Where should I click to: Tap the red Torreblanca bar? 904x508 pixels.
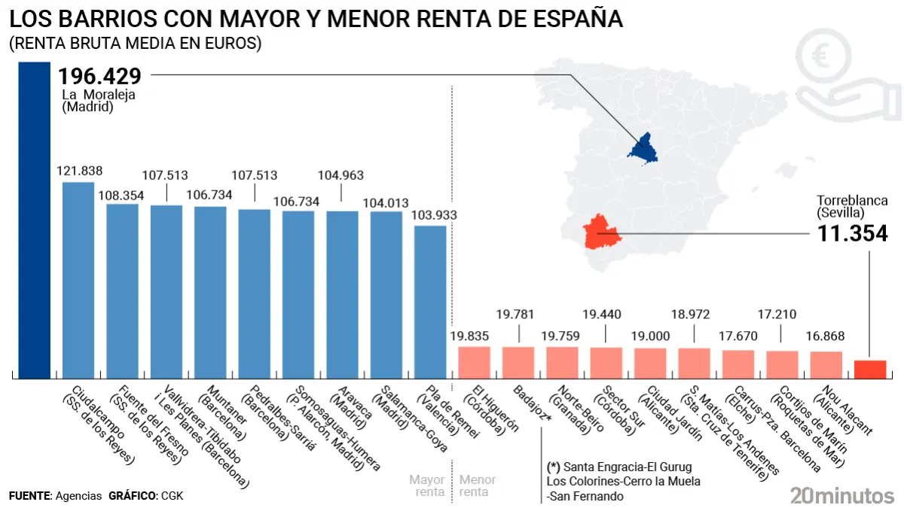[869, 370]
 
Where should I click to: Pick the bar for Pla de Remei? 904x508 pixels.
[430, 302]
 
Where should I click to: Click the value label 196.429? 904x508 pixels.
[100, 77]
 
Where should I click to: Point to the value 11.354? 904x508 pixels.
[853, 233]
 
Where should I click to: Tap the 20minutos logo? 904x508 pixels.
[842, 494]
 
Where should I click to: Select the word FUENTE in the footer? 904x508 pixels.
[29, 496]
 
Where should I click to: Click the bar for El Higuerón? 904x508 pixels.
[475, 362]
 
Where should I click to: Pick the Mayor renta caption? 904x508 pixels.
[427, 485]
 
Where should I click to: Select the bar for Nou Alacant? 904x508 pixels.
[826, 364]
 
